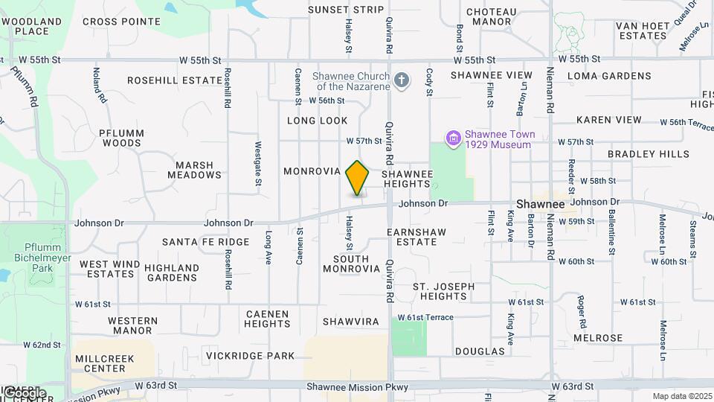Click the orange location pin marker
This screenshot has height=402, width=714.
(358, 178)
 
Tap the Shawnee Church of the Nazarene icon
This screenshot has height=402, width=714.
(402, 80)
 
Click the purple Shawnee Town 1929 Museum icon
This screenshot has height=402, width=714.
(452, 138)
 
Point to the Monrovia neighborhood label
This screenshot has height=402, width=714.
(312, 171)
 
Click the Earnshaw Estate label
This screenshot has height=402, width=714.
(416, 237)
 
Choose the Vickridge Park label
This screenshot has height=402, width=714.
(251, 356)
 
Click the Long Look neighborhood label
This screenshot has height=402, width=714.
(318, 120)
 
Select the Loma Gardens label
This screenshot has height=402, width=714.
(608, 76)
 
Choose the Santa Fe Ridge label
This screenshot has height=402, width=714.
(195, 242)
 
